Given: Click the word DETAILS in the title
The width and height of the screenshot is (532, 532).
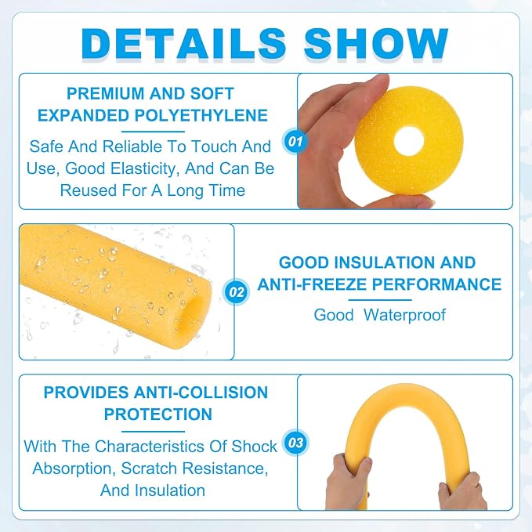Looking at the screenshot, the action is pyautogui.click(x=183, y=44).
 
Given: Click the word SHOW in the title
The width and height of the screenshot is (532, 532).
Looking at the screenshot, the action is pyautogui.click(x=376, y=44).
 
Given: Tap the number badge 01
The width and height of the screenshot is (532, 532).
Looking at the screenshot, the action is pyautogui.click(x=295, y=141).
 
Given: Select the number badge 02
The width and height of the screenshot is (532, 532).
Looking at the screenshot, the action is pyautogui.click(x=236, y=291).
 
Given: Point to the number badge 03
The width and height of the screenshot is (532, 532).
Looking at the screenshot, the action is pyautogui.click(x=295, y=442).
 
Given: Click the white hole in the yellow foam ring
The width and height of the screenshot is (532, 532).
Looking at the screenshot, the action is pyautogui.click(x=409, y=142).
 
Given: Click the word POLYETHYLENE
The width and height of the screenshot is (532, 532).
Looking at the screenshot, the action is pyautogui.click(x=201, y=115).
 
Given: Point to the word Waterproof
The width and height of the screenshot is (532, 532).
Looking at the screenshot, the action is pyautogui.click(x=404, y=315).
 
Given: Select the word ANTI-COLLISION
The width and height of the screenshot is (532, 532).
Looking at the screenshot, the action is pyautogui.click(x=201, y=393).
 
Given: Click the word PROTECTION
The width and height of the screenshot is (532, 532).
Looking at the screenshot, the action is pyautogui.click(x=158, y=414).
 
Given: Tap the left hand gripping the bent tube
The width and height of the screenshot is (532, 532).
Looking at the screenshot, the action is pyautogui.click(x=347, y=481).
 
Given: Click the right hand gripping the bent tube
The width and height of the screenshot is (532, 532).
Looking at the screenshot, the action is pyautogui.click(x=462, y=490).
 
